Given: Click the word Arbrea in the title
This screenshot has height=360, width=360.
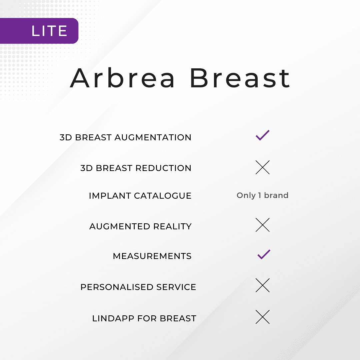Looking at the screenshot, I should point(123,78).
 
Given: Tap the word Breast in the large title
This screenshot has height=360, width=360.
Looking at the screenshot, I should point(240,78).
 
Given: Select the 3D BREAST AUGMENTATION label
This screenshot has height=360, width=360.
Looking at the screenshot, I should point(125,137).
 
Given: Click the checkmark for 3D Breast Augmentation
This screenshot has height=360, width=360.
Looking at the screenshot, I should point(263,135).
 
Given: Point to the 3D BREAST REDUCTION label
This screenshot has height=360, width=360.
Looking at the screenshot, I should point(136,168).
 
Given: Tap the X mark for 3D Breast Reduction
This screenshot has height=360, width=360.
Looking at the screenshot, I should point(263,167).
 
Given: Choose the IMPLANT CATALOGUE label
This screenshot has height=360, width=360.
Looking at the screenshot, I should point(140,196).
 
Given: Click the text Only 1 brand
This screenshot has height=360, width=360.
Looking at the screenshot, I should point(263,195).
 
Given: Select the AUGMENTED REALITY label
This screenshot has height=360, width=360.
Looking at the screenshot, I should point(140,226).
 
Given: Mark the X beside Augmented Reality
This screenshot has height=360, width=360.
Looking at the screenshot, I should point(263,225).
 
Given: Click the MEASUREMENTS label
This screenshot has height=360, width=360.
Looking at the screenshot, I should point(152,256).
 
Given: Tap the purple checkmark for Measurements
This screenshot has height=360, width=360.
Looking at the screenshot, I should point(264,255).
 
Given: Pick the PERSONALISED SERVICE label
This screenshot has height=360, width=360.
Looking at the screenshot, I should point(138,287).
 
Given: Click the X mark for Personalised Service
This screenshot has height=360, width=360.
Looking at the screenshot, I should point(263,285).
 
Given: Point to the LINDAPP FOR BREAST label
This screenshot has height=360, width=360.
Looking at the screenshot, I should point(144,318).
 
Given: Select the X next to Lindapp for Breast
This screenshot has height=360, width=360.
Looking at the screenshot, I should point(263,317).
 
